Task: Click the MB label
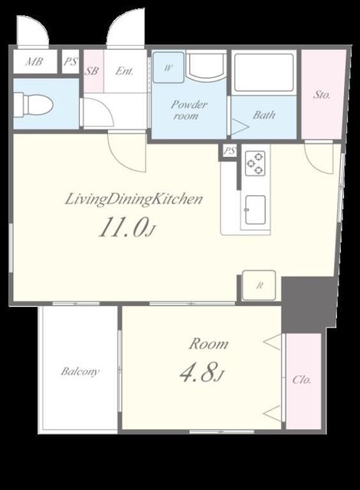[x=34, y=61]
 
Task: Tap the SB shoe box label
[x=93, y=71]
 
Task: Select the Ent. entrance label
[x=124, y=71]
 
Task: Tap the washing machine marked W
[x=168, y=67]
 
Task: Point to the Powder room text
[x=188, y=110]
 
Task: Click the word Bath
[x=264, y=115]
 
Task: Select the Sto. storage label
[x=322, y=94]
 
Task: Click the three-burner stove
[x=255, y=162]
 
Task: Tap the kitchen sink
[x=255, y=210]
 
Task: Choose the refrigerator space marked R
[x=259, y=286]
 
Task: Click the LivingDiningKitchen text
[x=134, y=200]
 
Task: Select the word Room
[x=209, y=344]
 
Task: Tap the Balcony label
[x=80, y=371]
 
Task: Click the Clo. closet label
[x=302, y=380]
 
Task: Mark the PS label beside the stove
[x=230, y=152]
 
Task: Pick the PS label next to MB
[x=70, y=61]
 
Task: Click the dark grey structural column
[x=309, y=305]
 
